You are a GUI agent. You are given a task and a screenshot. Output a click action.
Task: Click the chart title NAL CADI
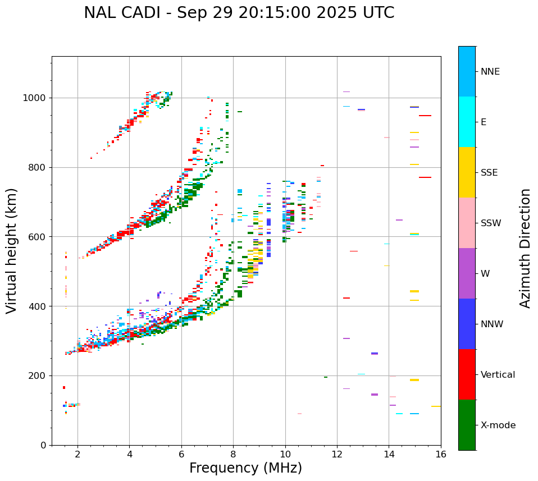(239, 13)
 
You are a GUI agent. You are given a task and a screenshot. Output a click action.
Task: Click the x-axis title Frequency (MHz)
(245, 468)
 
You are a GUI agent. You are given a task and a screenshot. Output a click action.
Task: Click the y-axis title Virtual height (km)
(12, 250)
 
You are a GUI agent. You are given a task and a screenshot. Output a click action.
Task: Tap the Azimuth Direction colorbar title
(525, 248)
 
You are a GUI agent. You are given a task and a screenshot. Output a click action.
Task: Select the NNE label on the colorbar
(490, 72)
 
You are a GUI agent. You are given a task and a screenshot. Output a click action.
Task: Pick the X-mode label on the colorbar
(498, 425)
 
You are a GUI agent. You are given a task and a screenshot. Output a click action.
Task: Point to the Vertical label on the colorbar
(498, 375)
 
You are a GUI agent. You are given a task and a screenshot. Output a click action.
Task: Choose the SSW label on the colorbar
(491, 223)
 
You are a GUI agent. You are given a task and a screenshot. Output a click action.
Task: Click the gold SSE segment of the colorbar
(467, 172)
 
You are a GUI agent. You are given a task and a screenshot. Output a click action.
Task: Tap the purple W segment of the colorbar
(467, 273)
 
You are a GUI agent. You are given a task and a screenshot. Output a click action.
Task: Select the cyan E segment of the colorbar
(467, 122)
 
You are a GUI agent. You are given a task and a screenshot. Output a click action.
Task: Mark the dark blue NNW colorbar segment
(467, 324)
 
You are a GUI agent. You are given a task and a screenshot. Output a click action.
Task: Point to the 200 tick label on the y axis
(39, 376)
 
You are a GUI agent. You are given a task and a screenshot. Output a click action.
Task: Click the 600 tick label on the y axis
(39, 237)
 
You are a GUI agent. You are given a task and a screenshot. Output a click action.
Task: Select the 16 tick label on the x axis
(441, 454)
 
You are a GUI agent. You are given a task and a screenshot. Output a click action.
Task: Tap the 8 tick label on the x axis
(233, 454)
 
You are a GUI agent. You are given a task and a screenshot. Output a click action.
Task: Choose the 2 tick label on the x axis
(77, 454)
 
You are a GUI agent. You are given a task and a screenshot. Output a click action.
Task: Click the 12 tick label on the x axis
(337, 454)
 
